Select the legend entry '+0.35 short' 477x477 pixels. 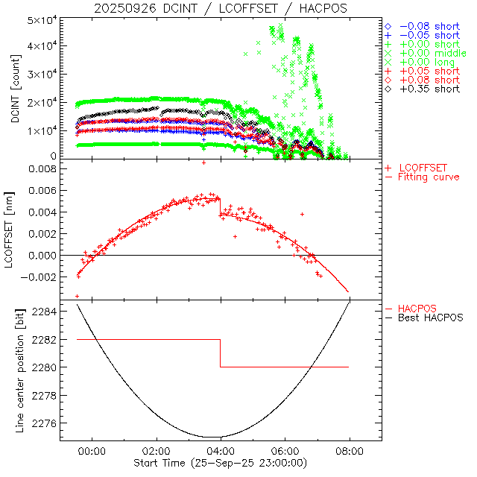tap(429, 89)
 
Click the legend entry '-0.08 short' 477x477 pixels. tap(429, 27)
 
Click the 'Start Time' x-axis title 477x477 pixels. tap(221, 464)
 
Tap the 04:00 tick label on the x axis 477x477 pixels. tap(221, 451)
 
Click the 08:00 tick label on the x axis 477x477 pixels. tap(350, 451)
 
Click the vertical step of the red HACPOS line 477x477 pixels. tap(221, 353)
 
